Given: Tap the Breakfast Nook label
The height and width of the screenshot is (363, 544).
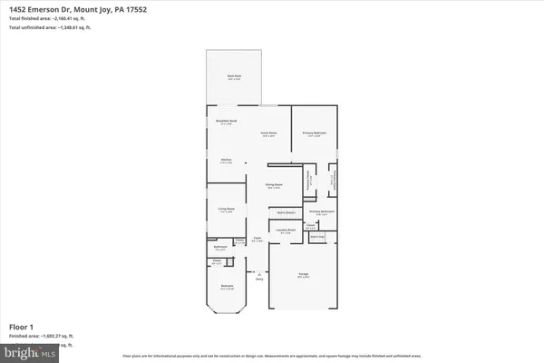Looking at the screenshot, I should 227,122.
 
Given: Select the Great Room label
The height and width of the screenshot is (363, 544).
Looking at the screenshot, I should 268,133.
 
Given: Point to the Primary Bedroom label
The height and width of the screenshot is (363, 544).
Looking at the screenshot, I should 314,133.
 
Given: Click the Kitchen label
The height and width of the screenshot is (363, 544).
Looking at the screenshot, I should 227,161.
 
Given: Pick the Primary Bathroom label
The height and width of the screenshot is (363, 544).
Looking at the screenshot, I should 323,212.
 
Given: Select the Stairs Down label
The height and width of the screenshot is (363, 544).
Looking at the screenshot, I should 285,213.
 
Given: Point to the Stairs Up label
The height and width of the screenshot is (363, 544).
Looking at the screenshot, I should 317,237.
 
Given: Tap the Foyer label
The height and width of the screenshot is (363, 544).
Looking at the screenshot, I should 257,240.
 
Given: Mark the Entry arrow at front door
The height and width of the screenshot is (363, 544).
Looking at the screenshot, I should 258,276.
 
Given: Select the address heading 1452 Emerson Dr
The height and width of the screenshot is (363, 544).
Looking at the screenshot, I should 73,8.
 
